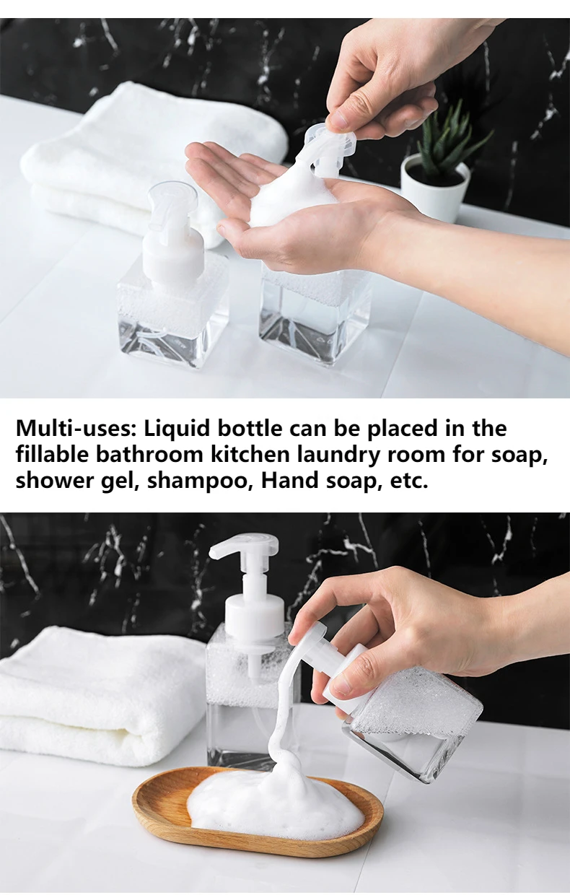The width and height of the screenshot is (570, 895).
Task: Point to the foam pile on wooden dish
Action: [274, 801]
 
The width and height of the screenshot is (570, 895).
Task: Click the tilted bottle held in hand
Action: [411, 722]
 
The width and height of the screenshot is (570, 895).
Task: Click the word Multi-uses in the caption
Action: [76, 429]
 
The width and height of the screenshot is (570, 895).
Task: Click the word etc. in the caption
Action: [409, 481]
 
